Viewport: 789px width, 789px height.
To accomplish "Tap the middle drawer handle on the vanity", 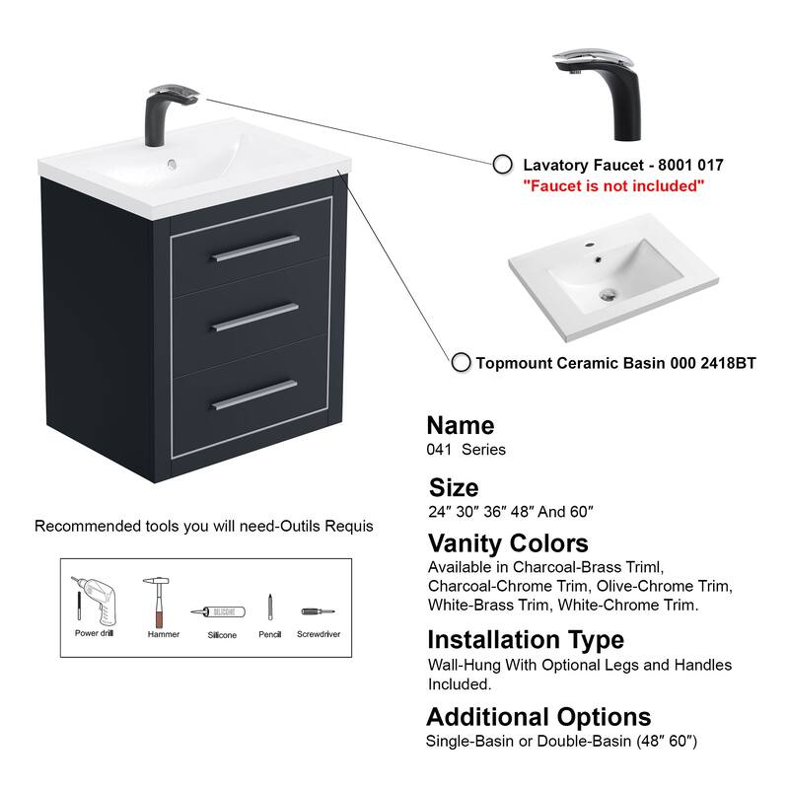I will coord(254,316).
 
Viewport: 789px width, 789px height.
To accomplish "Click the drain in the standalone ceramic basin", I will coord(610,293).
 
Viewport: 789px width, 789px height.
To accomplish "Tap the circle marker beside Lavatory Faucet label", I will coord(502,165).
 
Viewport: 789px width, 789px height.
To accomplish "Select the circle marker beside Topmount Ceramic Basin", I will coord(461,363).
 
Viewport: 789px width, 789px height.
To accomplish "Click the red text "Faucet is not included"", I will coord(613,185).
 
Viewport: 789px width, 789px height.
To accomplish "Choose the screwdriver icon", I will coord(318,611).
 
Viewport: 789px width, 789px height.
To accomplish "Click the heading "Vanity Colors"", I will coord(507,543).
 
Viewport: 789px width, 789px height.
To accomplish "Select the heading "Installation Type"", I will coord(525,640).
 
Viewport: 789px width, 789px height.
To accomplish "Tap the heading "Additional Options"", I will coord(538,716).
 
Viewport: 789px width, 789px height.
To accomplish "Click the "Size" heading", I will coord(454,487).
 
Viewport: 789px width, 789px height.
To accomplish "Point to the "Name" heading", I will coord(460,426).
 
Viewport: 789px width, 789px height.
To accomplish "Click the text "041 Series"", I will coord(466,450).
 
